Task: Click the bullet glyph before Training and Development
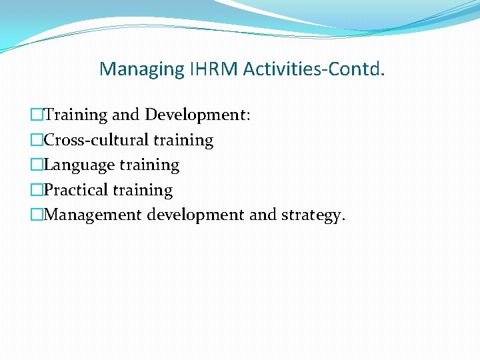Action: point(37,115)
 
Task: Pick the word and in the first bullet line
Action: point(126,115)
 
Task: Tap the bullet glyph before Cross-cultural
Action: point(37,140)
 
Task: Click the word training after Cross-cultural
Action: point(183,141)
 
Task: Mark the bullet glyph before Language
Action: point(37,165)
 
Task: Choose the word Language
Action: point(79,165)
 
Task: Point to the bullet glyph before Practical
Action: point(37,190)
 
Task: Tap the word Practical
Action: point(75,190)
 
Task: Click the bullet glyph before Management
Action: point(37,215)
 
